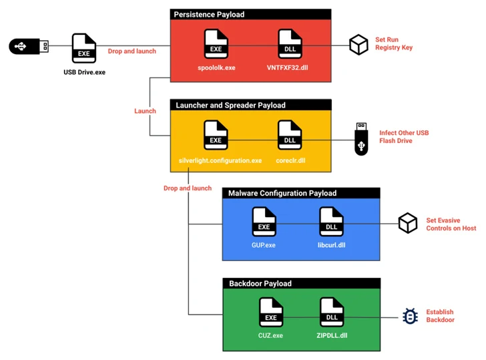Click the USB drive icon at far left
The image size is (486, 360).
tap(29, 46)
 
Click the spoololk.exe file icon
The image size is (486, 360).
tap(216, 44)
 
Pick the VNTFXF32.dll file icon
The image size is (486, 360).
tap(289, 44)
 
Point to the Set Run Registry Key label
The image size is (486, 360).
tap(393, 43)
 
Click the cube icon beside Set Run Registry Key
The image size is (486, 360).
tap(358, 45)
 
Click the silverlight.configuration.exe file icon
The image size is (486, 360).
tap(216, 135)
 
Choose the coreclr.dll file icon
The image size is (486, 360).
tap(289, 135)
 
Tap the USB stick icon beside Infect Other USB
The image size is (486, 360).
tap(361, 138)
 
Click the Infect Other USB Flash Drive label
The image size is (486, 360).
tap(404, 137)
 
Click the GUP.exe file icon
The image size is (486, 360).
tap(264, 222)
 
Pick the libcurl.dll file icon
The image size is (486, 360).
tap(331, 222)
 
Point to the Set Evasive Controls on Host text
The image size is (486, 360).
tap(451, 224)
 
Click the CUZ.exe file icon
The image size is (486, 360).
tap(271, 312)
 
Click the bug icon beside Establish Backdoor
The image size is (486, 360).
tap(410, 316)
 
